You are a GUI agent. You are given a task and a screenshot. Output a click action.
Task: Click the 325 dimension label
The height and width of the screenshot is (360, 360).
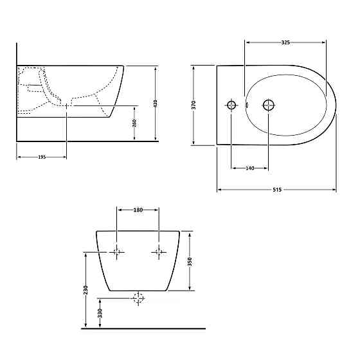pos(285,42)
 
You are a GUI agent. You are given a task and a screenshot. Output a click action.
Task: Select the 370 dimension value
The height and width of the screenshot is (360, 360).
pos(194,105)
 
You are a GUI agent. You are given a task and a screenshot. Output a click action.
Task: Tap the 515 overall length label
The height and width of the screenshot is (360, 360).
pos(277,190)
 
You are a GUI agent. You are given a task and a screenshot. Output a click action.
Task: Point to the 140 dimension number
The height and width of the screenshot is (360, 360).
pos(250,168)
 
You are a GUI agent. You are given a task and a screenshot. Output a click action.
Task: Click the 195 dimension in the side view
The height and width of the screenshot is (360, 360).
pos(42,157)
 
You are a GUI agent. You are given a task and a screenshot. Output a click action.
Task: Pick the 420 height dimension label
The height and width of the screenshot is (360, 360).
pos(155,104)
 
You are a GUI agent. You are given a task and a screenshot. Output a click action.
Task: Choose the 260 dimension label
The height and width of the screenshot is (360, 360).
pos(134,123)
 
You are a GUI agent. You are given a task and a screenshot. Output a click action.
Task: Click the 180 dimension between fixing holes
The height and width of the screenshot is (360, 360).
pos(138,210)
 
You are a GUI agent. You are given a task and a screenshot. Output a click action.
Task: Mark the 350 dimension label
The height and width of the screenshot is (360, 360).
pos(190,262)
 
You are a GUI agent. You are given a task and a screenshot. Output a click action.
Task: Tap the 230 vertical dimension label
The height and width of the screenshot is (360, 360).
pos(85,290)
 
